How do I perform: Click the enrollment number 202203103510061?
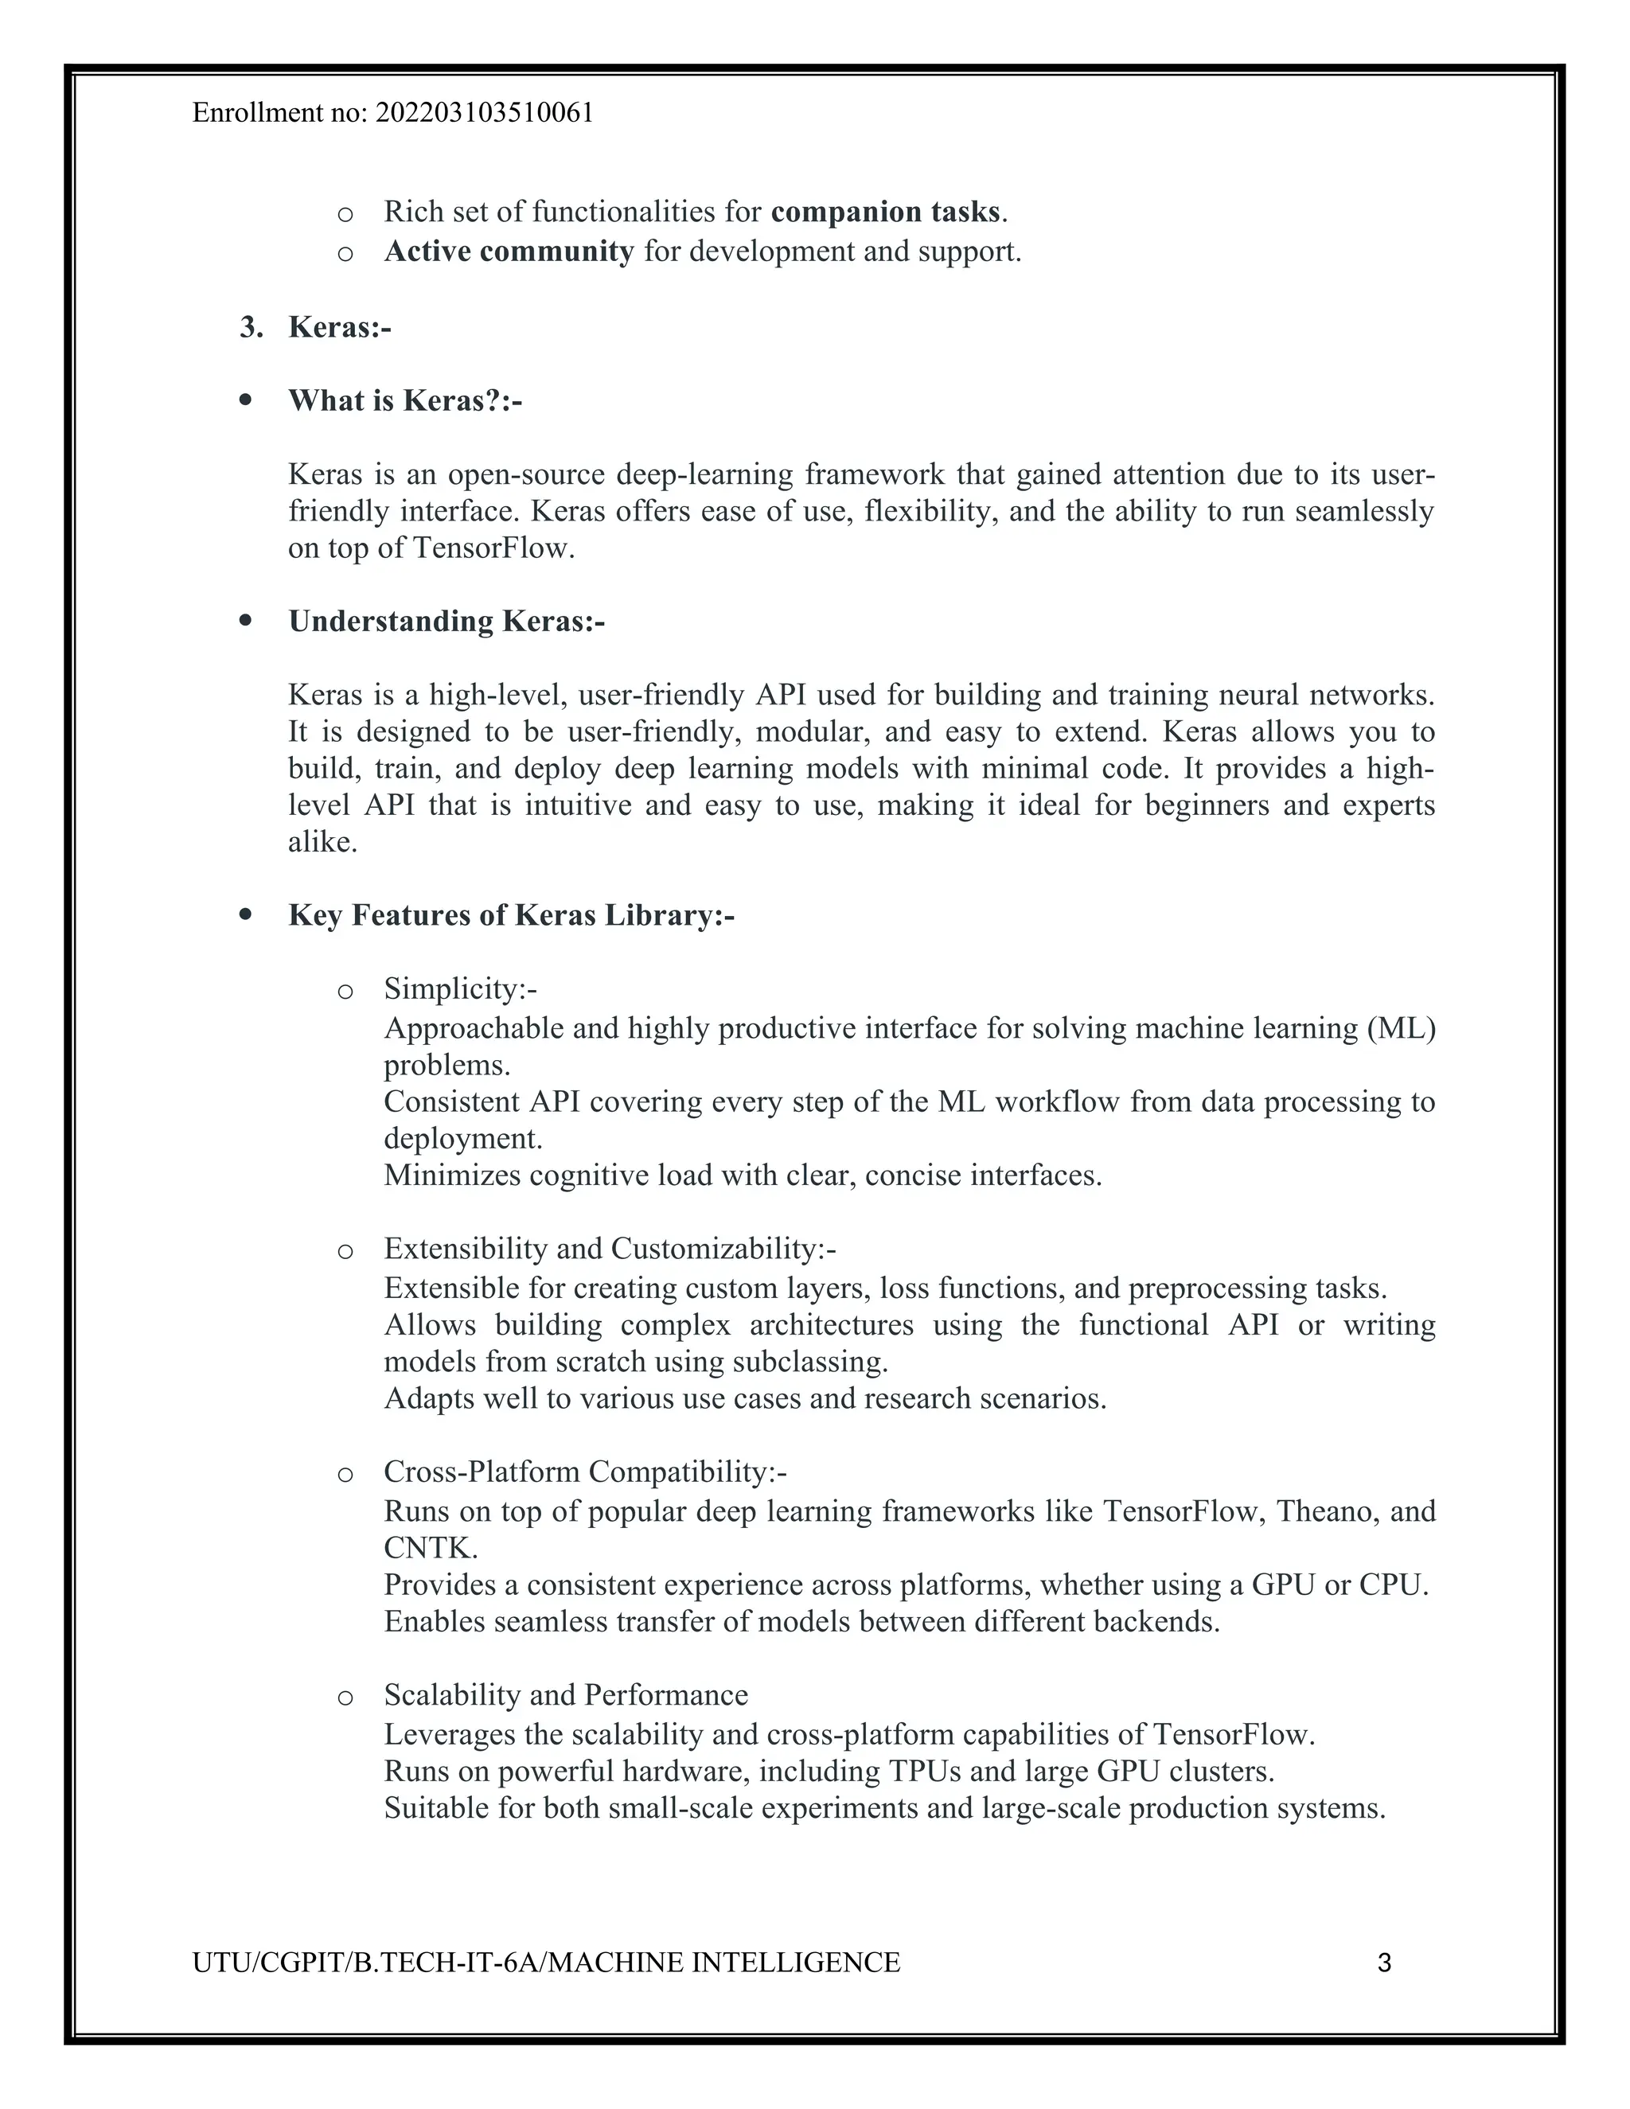click(x=484, y=114)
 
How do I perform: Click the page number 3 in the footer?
click(x=1384, y=1963)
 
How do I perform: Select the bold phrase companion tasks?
click(x=886, y=212)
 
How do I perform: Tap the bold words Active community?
click(x=509, y=252)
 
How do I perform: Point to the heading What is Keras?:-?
click(x=404, y=401)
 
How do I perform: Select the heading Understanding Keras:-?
click(x=446, y=621)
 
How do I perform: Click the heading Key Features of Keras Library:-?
click(x=511, y=914)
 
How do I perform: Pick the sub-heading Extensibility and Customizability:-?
click(x=610, y=1249)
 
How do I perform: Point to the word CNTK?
click(x=429, y=1549)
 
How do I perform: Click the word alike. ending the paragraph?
click(x=322, y=842)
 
